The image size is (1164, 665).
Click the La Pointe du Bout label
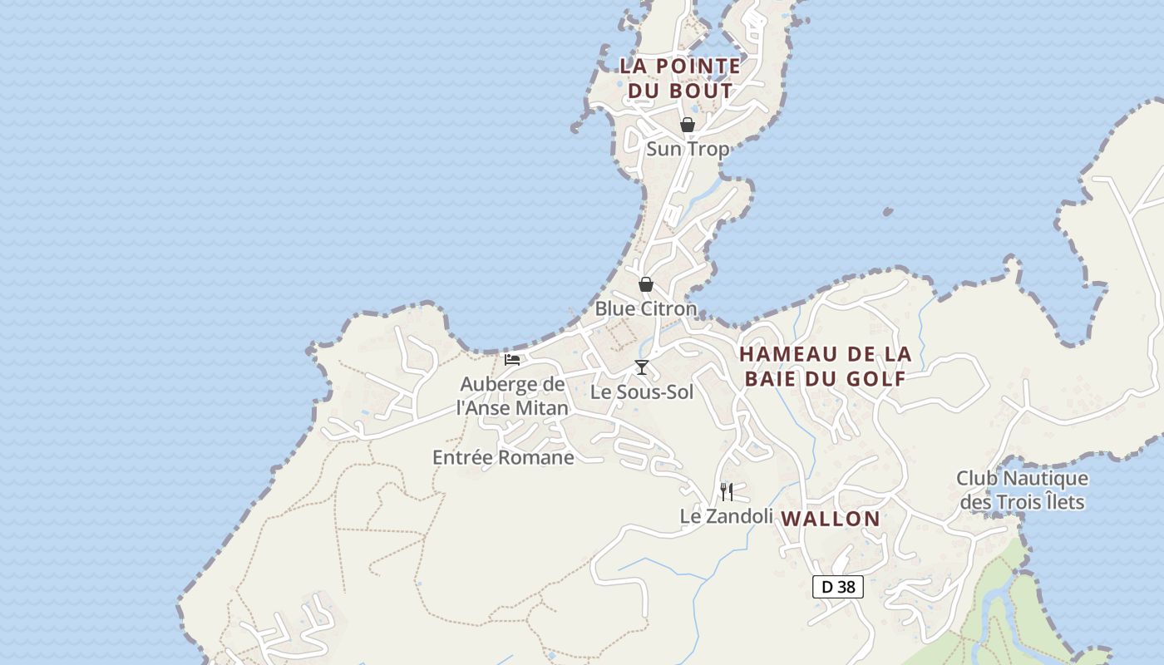point(680,78)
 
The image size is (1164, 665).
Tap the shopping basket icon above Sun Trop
point(688,125)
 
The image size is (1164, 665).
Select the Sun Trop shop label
point(688,149)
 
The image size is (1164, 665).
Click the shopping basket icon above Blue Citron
point(646,284)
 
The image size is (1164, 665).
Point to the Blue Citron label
point(646,308)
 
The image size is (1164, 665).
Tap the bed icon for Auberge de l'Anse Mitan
point(512,360)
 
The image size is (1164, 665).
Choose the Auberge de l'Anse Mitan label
point(512,396)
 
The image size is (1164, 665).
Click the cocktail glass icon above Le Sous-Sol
point(642,367)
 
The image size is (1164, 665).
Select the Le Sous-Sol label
point(642,392)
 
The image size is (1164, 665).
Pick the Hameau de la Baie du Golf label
point(825,366)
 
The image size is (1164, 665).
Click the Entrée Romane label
point(503,457)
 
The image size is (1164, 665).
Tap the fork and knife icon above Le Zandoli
point(727,492)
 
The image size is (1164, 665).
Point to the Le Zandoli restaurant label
point(727,516)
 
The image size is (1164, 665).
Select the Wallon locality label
point(831,519)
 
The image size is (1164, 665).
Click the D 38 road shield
point(838,587)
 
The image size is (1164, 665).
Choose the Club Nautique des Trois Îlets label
point(1022,490)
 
